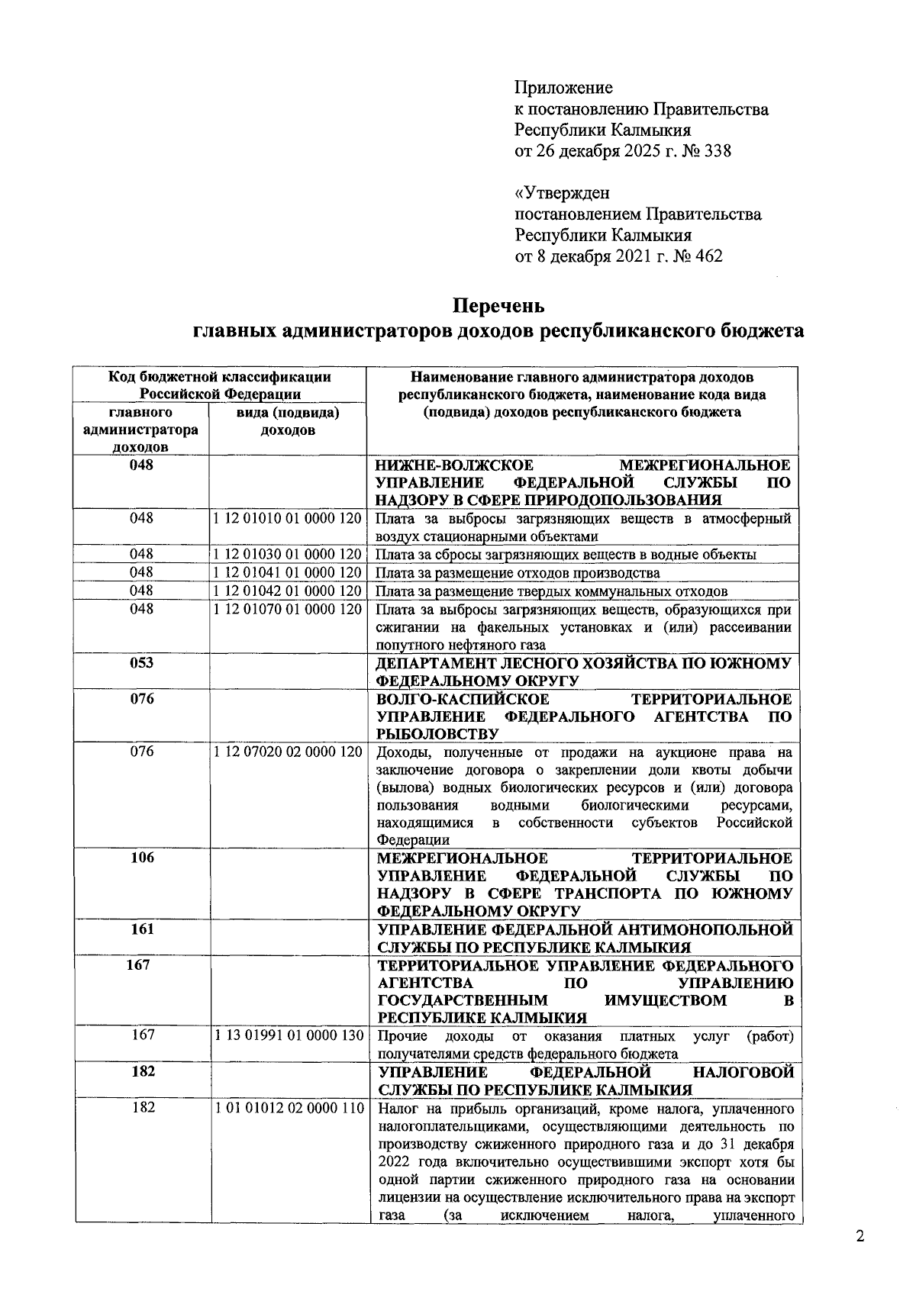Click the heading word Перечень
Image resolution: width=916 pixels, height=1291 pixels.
(x=499, y=306)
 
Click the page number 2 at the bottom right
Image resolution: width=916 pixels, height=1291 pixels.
(x=860, y=1237)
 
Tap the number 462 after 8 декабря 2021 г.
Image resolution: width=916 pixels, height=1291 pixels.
(x=708, y=256)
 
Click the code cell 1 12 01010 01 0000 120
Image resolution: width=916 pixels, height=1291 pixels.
(x=288, y=519)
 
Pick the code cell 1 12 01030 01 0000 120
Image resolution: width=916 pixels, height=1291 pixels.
(x=288, y=554)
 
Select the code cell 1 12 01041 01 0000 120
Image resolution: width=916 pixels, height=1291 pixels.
(x=288, y=572)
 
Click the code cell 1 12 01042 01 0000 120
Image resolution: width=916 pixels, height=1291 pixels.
(x=288, y=591)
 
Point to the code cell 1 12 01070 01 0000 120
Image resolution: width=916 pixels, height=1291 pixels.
(x=288, y=609)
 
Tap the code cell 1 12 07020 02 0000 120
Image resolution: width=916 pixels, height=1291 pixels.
(x=288, y=752)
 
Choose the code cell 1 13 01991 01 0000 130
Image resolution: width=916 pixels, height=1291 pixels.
(x=288, y=1035)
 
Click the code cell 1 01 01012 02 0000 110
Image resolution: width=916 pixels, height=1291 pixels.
(x=288, y=1108)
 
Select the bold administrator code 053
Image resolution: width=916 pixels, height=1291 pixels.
(x=141, y=663)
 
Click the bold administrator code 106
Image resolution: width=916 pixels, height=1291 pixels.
(x=141, y=858)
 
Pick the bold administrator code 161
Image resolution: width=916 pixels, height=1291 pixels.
(x=141, y=929)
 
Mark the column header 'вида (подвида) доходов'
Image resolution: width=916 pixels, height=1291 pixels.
(x=288, y=421)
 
